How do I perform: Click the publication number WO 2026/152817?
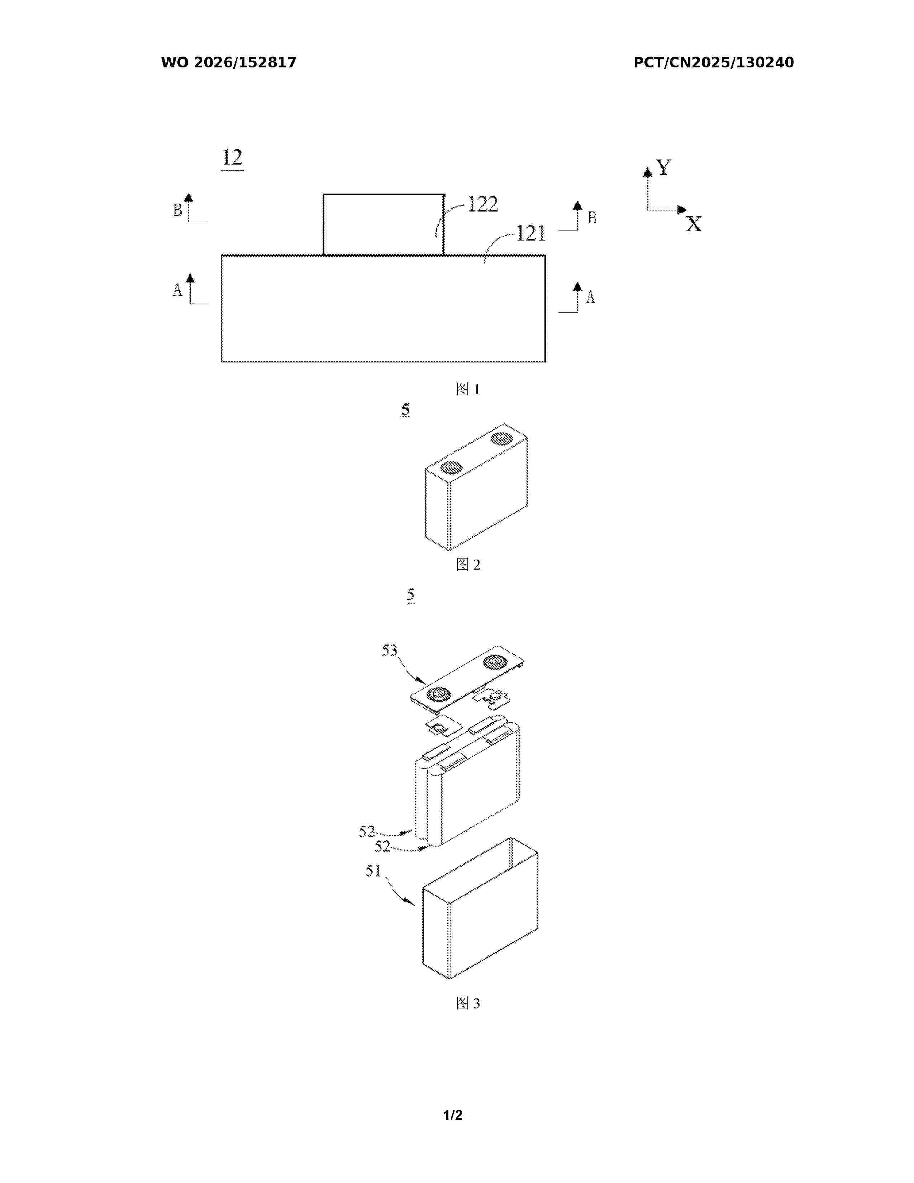tap(229, 63)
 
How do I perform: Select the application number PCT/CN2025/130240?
tap(714, 63)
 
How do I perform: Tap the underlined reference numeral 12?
tap(232, 158)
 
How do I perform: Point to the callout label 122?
tap(482, 204)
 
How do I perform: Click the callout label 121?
tap(530, 233)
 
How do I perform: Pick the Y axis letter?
tap(663, 167)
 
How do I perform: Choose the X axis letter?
tap(693, 224)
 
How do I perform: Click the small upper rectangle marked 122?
tap(384, 224)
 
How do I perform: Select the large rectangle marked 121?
tap(384, 308)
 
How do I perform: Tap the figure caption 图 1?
tap(468, 389)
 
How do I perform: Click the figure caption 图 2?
tap(468, 564)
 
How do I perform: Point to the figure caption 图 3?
tap(468, 1003)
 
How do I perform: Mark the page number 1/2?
tap(453, 1115)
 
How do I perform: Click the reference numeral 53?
tap(389, 650)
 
